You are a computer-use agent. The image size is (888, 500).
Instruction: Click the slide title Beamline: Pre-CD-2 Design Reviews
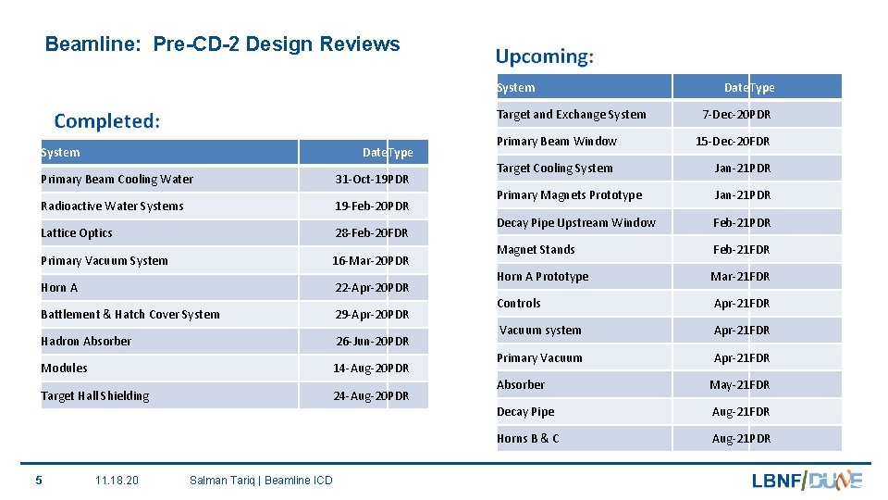[x=222, y=44]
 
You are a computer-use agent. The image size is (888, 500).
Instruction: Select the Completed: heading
[x=107, y=121]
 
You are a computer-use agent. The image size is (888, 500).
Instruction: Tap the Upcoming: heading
[x=544, y=56]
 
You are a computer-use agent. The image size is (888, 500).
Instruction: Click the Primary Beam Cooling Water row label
[x=117, y=180]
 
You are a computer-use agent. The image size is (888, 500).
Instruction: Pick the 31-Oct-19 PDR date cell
[x=372, y=180]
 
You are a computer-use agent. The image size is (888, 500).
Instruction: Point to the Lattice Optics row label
[x=77, y=233]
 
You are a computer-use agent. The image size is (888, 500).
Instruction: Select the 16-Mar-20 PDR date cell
[x=370, y=261]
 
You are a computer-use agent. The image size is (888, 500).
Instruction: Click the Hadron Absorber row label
[x=86, y=342]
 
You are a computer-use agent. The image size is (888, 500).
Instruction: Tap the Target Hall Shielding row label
[x=95, y=396]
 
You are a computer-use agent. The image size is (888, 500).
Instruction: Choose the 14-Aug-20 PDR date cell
[x=370, y=369]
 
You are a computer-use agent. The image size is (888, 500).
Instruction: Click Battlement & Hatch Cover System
[x=130, y=315]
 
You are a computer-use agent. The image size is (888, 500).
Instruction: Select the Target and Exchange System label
[x=572, y=115]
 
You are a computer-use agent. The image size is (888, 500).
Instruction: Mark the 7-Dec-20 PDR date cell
[x=736, y=115]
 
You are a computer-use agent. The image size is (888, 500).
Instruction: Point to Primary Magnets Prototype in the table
[x=569, y=195]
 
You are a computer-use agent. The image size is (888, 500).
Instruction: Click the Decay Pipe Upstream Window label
[x=576, y=223]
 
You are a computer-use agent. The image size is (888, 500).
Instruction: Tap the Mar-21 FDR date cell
[x=740, y=277]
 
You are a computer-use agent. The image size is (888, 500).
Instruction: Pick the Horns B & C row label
[x=528, y=439]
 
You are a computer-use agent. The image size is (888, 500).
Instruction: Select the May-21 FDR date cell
[x=740, y=385]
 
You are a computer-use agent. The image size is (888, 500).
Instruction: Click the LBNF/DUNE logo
[x=807, y=480]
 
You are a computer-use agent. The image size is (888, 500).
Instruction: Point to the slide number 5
[x=38, y=480]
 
